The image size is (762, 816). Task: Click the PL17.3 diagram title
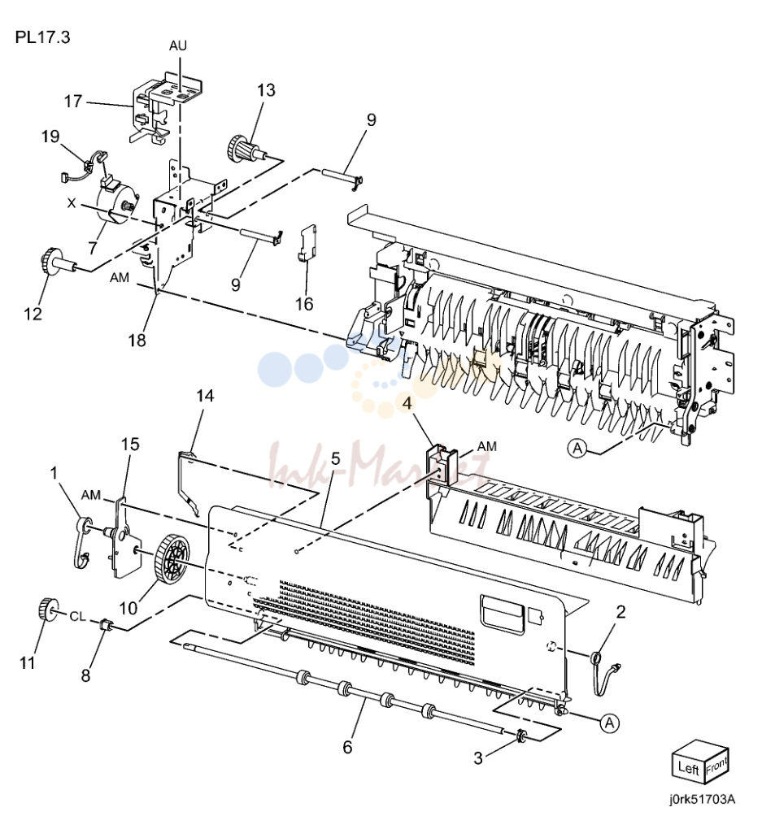click(x=42, y=37)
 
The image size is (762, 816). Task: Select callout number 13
click(x=266, y=90)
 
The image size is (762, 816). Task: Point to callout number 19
click(x=50, y=137)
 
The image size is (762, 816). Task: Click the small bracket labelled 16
click(x=308, y=242)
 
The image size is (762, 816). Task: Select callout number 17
click(x=73, y=101)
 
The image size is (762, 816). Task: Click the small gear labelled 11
click(x=48, y=610)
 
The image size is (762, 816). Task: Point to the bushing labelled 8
click(x=105, y=624)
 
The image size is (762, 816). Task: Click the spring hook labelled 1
click(x=82, y=541)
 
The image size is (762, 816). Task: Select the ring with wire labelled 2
click(x=603, y=671)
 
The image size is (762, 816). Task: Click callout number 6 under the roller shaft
click(x=347, y=747)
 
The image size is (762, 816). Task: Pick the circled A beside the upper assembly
click(x=577, y=448)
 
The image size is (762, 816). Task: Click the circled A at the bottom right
click(x=609, y=723)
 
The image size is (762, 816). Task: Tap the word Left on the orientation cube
click(x=688, y=768)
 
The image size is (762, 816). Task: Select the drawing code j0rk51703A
click(x=703, y=799)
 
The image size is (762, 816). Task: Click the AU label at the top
click(x=177, y=46)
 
